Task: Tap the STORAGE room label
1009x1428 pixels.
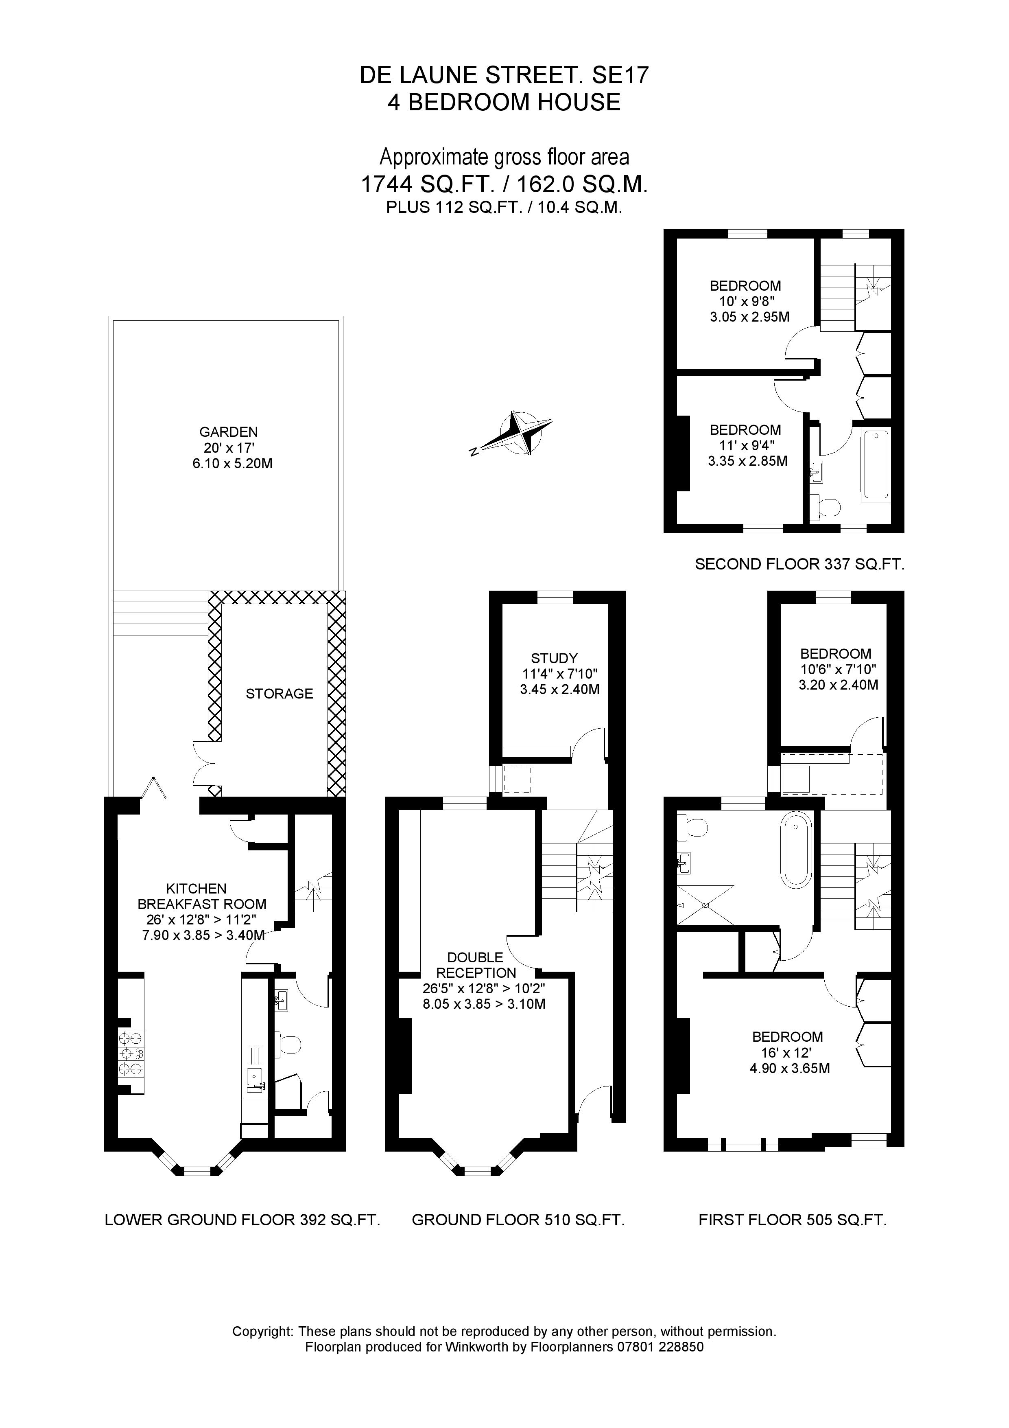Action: [x=279, y=694]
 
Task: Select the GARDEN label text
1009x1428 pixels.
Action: [x=228, y=431]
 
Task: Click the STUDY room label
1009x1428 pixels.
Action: [x=554, y=658]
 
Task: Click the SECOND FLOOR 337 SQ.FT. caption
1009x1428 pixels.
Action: [x=799, y=564]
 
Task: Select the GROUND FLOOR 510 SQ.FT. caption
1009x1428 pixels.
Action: [x=518, y=1220]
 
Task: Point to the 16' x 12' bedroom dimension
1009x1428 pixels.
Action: [x=787, y=1053]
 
